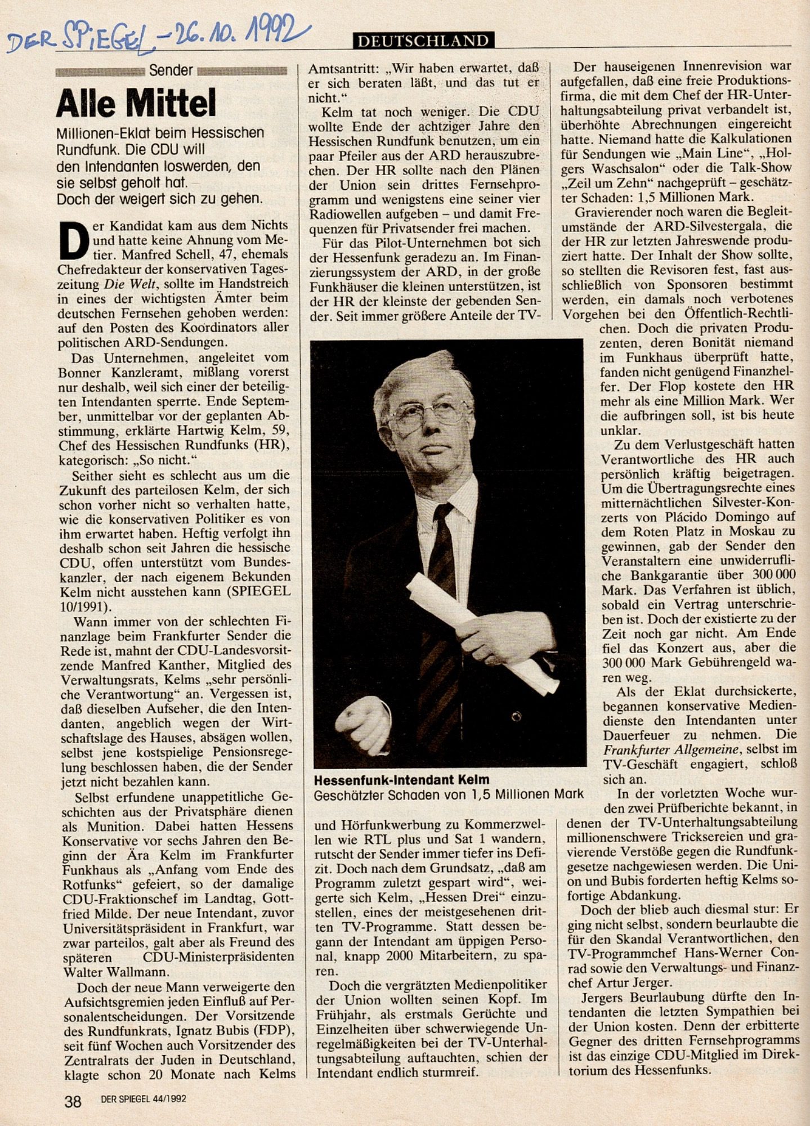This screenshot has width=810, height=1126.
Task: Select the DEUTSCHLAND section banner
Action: coord(424,40)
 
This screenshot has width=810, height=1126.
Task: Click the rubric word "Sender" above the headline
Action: coord(171,70)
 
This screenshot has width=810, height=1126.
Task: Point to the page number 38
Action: coord(73,1101)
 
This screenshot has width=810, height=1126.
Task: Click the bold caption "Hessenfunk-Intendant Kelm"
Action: coord(401,780)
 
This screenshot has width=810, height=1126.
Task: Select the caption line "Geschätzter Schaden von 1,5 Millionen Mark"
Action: coord(448,794)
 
